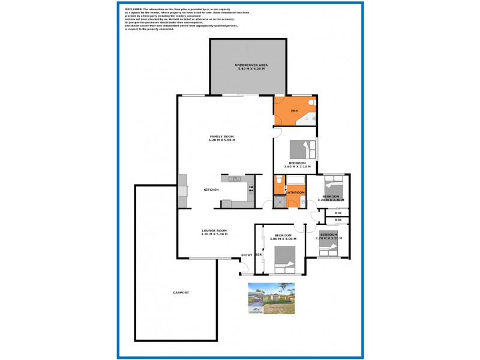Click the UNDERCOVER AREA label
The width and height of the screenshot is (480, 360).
pyautogui.click(x=251, y=64)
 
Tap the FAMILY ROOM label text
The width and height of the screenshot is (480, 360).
pyautogui.click(x=221, y=136)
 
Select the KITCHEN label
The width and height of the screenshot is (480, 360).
pyautogui.click(x=211, y=190)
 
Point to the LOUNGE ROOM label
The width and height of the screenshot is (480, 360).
pyautogui.click(x=214, y=230)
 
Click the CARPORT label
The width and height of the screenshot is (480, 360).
pyautogui.click(x=181, y=292)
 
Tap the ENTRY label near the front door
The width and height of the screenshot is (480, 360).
pyautogui.click(x=247, y=256)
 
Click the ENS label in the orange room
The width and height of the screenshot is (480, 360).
pyautogui.click(x=294, y=112)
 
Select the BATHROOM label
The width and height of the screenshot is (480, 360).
pyautogui.click(x=295, y=193)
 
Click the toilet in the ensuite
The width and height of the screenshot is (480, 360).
pyautogui.click(x=310, y=104)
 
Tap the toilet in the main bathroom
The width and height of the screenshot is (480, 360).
pyautogui.click(x=278, y=181)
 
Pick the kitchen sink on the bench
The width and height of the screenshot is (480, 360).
pyautogui.click(x=235, y=178)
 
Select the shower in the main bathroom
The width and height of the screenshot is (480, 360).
pyautogui.click(x=280, y=202)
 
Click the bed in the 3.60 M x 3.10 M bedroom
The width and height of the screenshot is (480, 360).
pyautogui.click(x=299, y=149)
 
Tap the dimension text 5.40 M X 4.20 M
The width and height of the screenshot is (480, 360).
pyautogui.click(x=251, y=69)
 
